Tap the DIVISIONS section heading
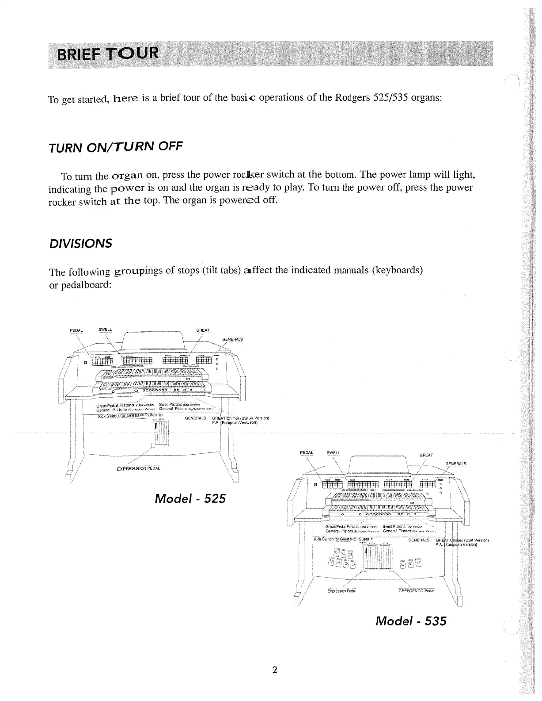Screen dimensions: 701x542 point(80,244)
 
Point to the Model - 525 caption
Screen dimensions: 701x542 point(190,498)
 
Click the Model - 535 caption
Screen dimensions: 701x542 point(410,621)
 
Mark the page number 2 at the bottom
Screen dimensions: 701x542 point(274,670)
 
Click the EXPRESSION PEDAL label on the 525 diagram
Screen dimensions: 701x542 point(138,468)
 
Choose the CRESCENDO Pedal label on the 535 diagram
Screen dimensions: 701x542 point(416,590)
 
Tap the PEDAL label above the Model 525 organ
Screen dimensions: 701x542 point(76,330)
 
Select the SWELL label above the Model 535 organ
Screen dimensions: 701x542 point(333,452)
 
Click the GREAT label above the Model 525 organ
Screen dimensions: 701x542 point(203,330)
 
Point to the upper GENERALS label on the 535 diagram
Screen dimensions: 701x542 point(455,464)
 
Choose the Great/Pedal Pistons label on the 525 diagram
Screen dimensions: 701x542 point(115,405)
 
